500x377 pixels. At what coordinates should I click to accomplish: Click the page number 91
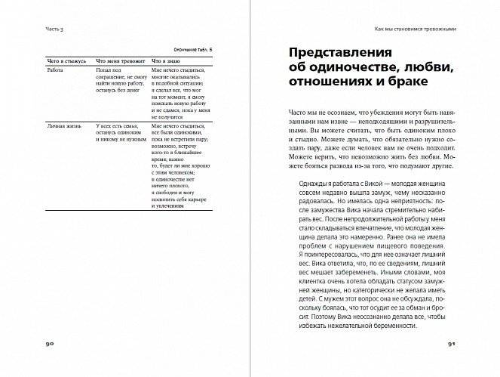click(452, 344)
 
